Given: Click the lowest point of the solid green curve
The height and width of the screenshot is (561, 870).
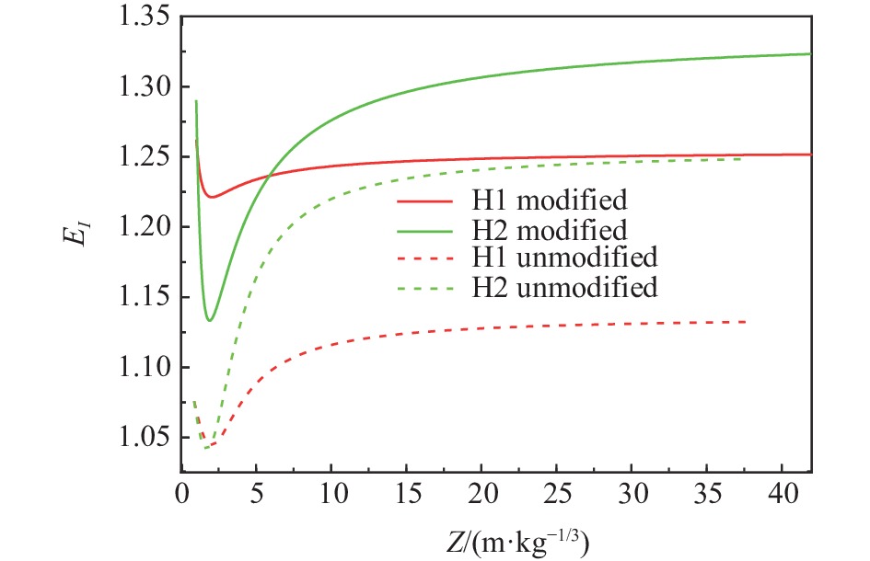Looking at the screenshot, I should point(210,320).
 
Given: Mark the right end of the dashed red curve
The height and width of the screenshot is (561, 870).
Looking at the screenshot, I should point(745,321).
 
